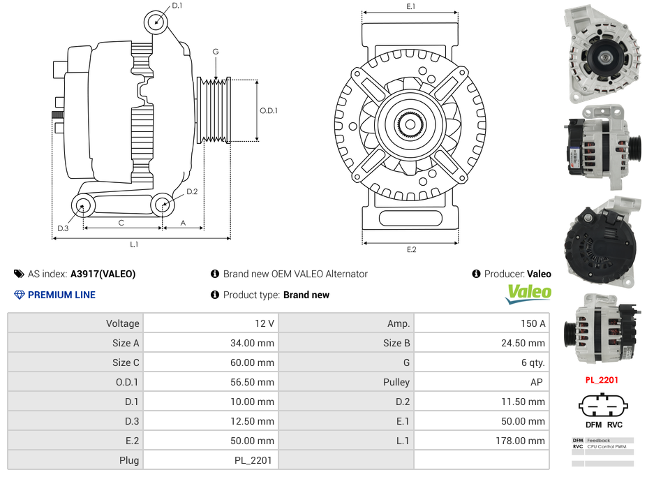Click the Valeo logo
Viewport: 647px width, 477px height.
[x=528, y=294]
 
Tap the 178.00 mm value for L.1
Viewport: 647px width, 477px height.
[x=520, y=441]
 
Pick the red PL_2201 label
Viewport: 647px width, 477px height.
[x=602, y=380]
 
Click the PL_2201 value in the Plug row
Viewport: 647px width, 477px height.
[x=253, y=460]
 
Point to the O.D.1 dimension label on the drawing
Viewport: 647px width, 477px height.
[x=269, y=110]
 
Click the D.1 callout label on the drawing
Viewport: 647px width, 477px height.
[x=177, y=6]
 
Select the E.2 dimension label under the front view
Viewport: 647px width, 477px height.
[x=411, y=249]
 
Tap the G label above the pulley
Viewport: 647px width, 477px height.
[x=216, y=52]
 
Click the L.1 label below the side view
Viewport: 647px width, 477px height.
[x=134, y=244]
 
